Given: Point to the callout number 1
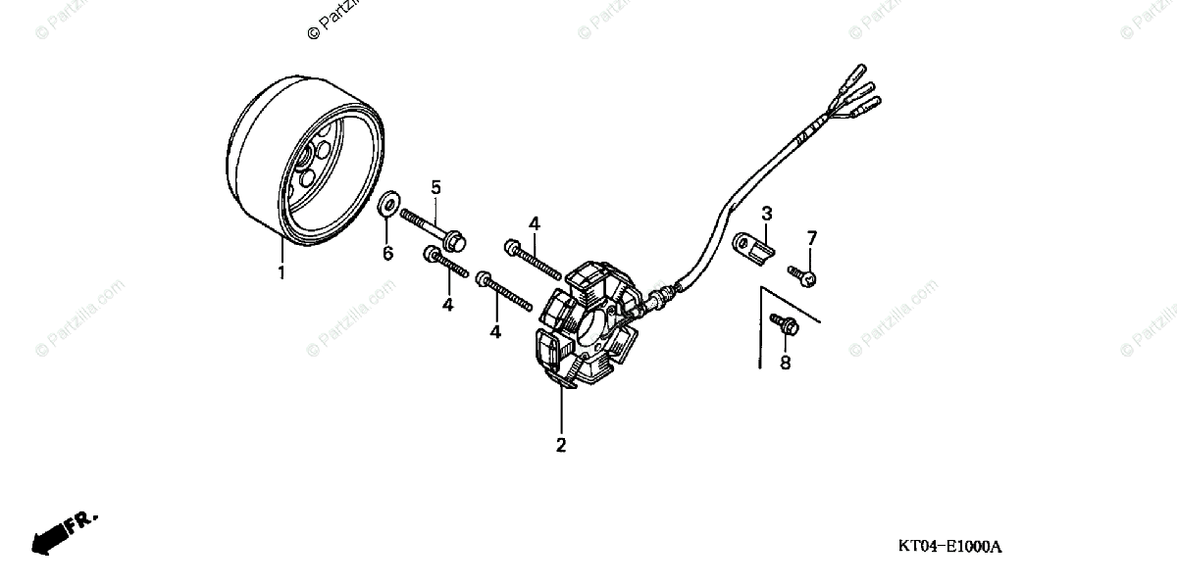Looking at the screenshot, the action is (x=281, y=273).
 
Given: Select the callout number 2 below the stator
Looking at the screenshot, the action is (x=561, y=445).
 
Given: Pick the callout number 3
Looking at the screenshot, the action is (x=767, y=213).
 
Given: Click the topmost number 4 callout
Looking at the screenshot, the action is (x=535, y=224).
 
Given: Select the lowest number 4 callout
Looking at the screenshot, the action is (x=495, y=332).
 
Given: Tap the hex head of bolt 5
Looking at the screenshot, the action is (x=453, y=239).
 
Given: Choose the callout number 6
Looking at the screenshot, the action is (x=387, y=254).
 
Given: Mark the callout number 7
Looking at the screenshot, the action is (x=811, y=238).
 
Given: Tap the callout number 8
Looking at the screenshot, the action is (x=784, y=364).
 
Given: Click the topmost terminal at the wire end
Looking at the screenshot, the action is (x=855, y=75).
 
